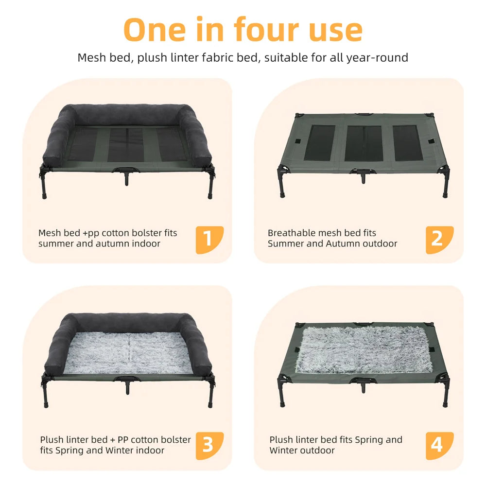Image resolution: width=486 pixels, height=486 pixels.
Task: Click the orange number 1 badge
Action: click(x=209, y=240)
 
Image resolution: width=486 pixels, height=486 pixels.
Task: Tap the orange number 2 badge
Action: click(x=439, y=240)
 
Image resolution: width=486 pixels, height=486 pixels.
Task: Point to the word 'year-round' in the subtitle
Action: click(x=377, y=58)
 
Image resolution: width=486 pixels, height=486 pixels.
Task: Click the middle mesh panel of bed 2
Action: click(x=364, y=143)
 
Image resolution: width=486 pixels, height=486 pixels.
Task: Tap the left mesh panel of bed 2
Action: click(x=319, y=143)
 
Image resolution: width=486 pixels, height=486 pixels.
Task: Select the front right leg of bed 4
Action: click(x=444, y=396)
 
